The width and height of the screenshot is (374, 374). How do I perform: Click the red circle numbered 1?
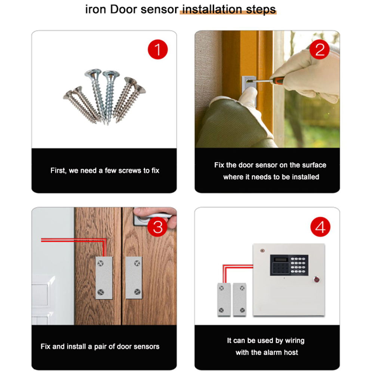click(x=158, y=49)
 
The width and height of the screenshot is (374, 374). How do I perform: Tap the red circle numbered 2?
click(x=320, y=50)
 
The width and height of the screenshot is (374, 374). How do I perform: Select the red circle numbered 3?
click(x=158, y=227)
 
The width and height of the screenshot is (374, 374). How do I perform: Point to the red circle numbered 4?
click(x=321, y=227)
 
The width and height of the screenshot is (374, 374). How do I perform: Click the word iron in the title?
click(x=95, y=10)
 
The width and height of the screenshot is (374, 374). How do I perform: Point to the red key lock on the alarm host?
click(x=316, y=279)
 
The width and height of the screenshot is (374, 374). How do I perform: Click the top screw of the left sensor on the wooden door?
click(x=101, y=263)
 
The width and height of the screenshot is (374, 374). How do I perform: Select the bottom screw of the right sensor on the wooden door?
click(x=137, y=291)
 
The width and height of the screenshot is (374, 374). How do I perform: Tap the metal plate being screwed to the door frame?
click(x=249, y=90)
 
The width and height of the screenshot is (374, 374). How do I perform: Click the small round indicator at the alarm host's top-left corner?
click(x=263, y=251)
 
